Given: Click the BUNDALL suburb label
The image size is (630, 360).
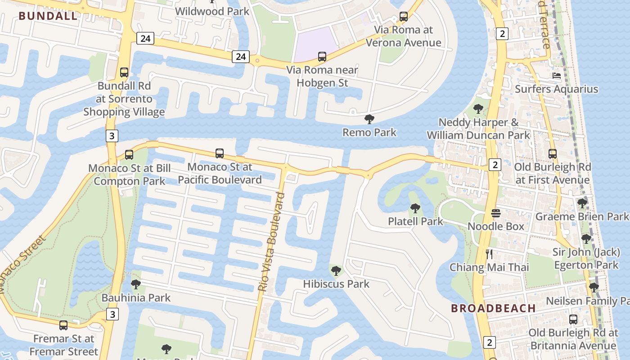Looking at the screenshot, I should click(x=48, y=16).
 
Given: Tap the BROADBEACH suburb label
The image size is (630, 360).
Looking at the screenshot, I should click(x=493, y=308).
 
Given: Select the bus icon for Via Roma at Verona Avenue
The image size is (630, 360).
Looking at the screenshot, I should click(x=404, y=17).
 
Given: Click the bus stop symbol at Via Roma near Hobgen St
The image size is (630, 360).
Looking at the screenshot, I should click(x=322, y=57).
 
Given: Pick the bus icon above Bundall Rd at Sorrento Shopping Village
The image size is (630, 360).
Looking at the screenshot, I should click(x=124, y=72).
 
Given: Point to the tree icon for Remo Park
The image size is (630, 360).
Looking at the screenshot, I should click(x=369, y=119).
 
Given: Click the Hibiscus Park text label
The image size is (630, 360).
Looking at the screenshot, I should click(x=336, y=284).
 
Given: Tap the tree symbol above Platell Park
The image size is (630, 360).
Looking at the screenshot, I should click(x=415, y=208).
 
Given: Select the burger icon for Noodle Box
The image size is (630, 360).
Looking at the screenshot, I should click(x=496, y=213).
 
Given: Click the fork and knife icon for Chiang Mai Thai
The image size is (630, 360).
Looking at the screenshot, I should click(x=490, y=254).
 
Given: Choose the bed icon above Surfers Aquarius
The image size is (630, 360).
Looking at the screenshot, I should click(x=557, y=76).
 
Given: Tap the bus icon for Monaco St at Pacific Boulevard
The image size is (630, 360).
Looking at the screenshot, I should click(x=220, y=153).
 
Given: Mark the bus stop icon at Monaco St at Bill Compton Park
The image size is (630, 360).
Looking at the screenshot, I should click(x=129, y=155).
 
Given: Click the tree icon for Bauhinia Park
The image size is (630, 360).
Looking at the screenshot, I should click(x=136, y=284).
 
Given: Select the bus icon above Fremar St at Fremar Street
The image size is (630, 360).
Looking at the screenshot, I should click(x=63, y=325).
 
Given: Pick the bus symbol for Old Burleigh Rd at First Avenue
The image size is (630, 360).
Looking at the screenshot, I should click(x=553, y=153).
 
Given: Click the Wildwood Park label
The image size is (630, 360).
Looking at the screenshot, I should click(x=212, y=11).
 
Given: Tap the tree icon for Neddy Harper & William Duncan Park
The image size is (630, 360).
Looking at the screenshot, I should click(x=478, y=108).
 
